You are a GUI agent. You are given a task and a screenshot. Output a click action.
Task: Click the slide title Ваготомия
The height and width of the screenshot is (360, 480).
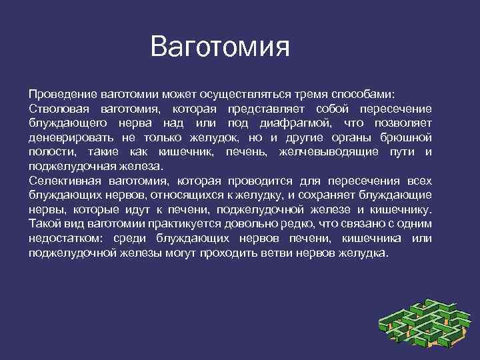220,47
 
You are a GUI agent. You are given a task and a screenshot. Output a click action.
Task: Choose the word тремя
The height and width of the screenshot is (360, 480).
308,93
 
